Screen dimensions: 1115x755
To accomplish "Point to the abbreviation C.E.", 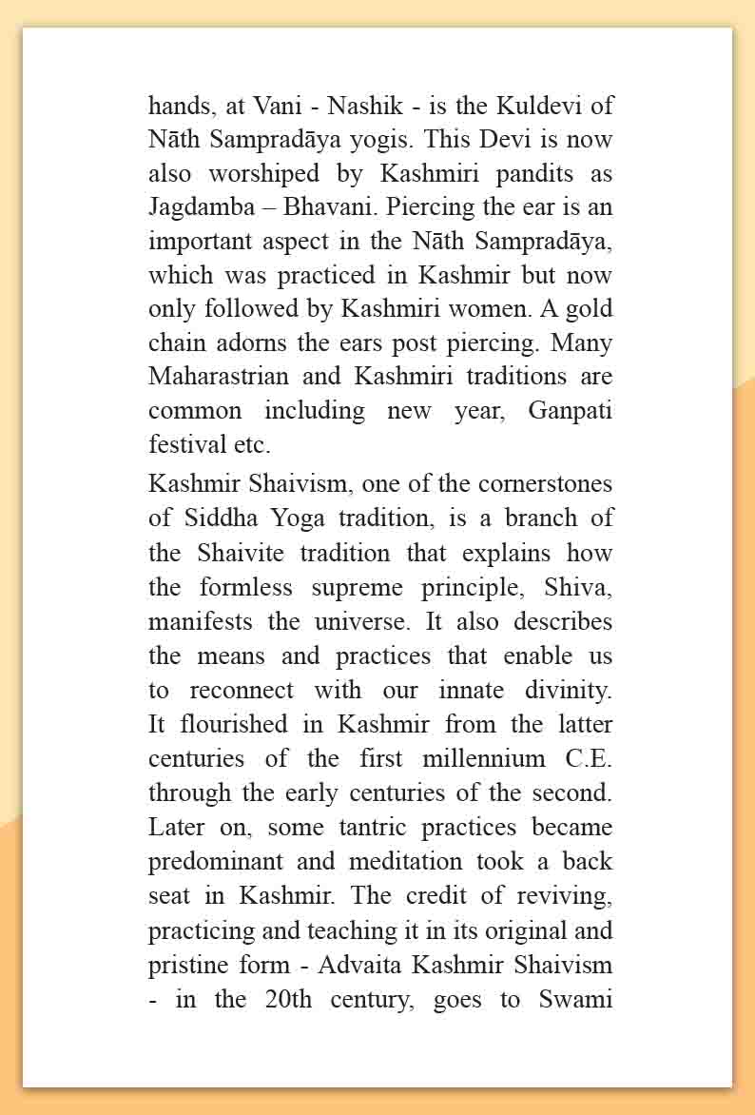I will point(591,758).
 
